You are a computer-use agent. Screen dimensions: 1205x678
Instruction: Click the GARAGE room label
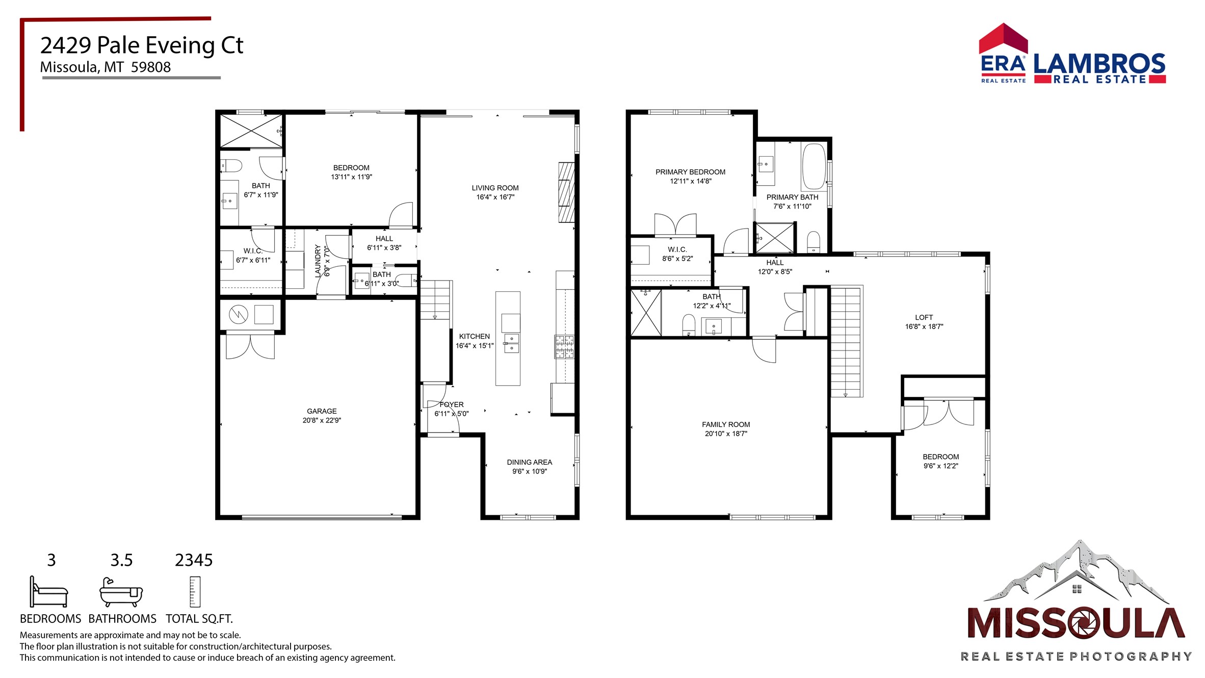(322, 411)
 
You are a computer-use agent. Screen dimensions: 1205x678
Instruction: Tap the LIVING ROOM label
(495, 188)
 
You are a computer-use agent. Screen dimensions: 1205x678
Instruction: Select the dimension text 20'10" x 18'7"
(726, 434)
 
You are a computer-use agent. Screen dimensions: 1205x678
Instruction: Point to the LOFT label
(924, 317)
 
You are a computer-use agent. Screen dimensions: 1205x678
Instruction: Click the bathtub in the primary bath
(814, 166)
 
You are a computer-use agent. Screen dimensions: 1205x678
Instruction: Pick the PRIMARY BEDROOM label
(690, 172)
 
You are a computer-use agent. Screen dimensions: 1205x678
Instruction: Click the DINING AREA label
(529, 462)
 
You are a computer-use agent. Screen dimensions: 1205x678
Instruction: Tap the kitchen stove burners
(564, 347)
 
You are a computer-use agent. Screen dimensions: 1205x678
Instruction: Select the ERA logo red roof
(1003, 38)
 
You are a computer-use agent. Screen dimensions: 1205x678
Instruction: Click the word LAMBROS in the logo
(1099, 64)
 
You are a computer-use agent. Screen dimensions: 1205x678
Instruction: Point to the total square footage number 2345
(194, 560)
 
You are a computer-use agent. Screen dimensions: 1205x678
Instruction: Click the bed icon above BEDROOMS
(48, 592)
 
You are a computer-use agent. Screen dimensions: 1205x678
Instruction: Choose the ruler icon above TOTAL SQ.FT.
(195, 592)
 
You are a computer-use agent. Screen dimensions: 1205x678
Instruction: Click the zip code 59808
(151, 67)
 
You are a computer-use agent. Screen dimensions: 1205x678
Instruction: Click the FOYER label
(452, 405)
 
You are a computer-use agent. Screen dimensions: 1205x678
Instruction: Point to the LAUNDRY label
(318, 261)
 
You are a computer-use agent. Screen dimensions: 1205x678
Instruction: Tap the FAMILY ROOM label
(726, 424)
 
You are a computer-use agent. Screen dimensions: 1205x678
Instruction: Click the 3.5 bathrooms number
(121, 560)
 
